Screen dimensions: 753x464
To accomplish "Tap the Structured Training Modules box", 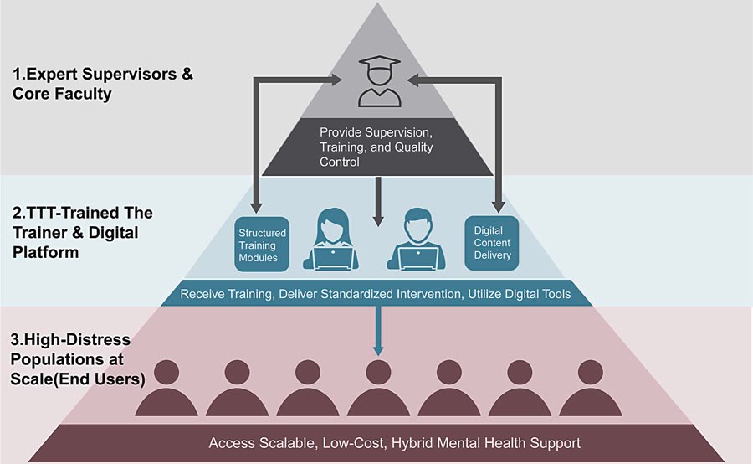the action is [262, 245].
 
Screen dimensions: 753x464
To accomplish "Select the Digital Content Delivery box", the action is [492, 243].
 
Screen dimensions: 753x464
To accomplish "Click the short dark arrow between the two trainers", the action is [378, 202].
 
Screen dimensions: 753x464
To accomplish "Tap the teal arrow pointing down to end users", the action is [378, 332].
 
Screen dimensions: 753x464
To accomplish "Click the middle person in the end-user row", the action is [378, 388].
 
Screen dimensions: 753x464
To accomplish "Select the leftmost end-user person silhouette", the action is [166, 388].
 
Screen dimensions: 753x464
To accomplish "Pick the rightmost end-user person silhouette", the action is [591, 388].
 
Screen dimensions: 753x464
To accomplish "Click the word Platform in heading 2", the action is [46, 252].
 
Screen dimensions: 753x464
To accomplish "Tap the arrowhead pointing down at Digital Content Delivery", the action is [499, 207].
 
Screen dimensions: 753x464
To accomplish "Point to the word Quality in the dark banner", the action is [413, 147].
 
